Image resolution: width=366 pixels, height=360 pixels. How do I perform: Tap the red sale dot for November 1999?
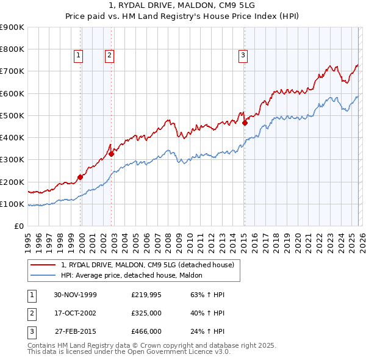[x=81, y=178]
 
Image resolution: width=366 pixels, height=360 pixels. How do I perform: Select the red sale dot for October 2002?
[x=112, y=154]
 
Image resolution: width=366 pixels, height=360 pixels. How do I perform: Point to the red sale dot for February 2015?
[x=245, y=123]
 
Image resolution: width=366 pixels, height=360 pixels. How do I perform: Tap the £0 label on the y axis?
[x=18, y=226]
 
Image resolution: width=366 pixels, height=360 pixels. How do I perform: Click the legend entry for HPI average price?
[x=135, y=275]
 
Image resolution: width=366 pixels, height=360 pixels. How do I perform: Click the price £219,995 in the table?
[x=146, y=295]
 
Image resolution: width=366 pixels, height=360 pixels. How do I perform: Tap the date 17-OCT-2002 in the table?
[x=76, y=313]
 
